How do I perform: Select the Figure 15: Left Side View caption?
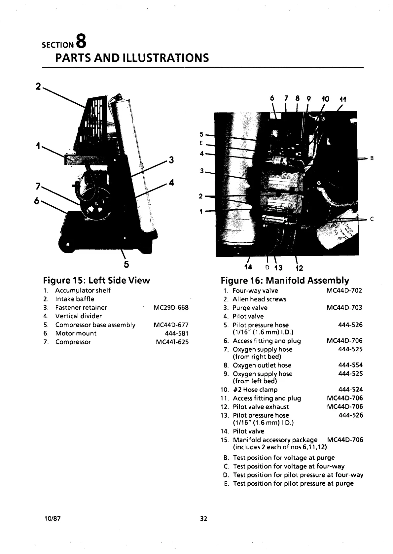pyautogui.click(x=96, y=280)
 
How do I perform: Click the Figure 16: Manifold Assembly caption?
pyautogui.click(x=285, y=281)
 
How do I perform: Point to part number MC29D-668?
pyautogui.click(x=171, y=308)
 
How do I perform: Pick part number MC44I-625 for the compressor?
pyautogui.click(x=172, y=342)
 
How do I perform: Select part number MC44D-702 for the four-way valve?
pyautogui.click(x=344, y=291)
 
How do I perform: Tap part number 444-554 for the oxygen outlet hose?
pyautogui.click(x=350, y=365)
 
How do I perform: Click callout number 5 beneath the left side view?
pyautogui.click(x=126, y=264)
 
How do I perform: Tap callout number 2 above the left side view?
pyautogui.click(x=38, y=87)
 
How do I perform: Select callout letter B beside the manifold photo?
pyautogui.click(x=372, y=158)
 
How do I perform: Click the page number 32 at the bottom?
pyautogui.click(x=203, y=518)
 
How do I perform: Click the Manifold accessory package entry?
pyautogui.click(x=275, y=440)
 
